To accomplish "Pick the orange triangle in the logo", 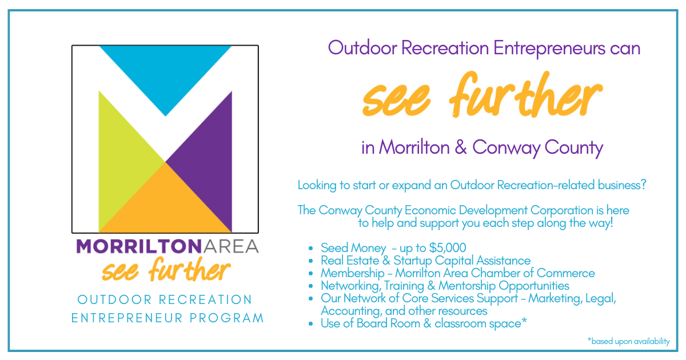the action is click(x=165, y=208).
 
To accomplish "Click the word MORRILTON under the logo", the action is click(x=139, y=246).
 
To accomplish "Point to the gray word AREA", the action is click(x=230, y=246).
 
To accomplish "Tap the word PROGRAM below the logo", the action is click(x=226, y=318).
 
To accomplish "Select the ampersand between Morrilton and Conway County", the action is click(x=461, y=147).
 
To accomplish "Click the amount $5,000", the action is click(x=448, y=248).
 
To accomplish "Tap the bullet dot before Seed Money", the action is click(x=310, y=248).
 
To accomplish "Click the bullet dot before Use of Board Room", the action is click(x=310, y=324).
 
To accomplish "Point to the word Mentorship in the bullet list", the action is click(x=466, y=286).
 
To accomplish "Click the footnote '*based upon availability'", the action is click(x=628, y=341).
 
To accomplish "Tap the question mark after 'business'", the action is click(x=643, y=185).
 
